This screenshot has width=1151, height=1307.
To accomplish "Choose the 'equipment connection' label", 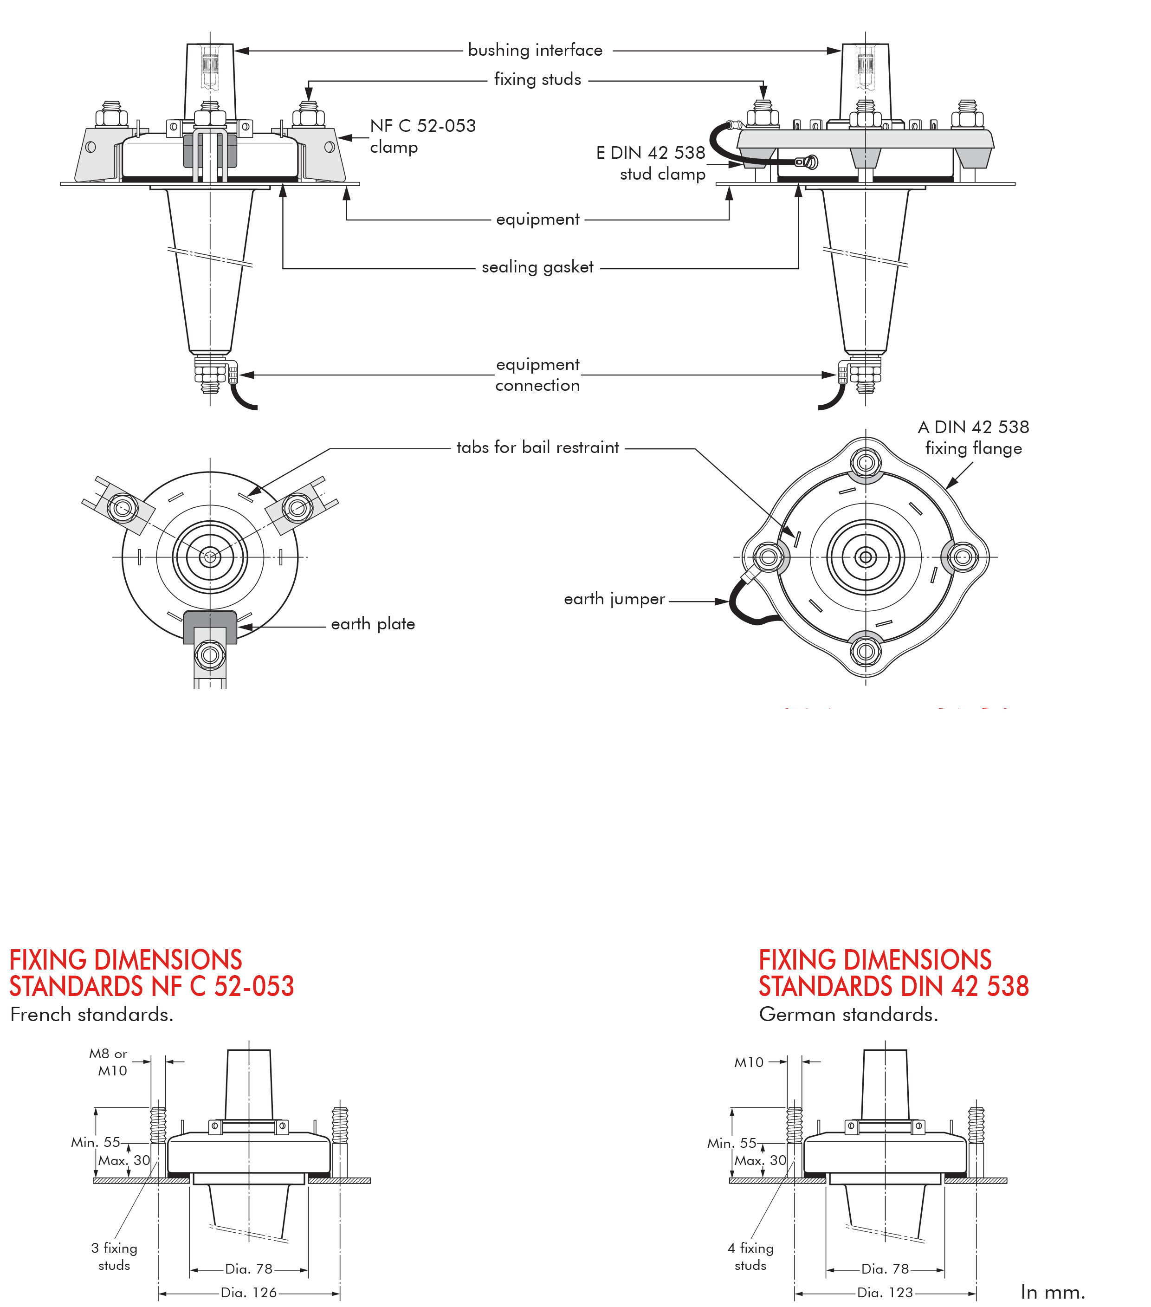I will tap(537, 375).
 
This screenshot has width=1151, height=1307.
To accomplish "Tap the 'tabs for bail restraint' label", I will tap(537, 447).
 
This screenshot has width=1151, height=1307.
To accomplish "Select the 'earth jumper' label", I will tap(614, 599).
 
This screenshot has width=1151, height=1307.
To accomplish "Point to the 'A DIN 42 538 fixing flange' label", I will tap(973, 437).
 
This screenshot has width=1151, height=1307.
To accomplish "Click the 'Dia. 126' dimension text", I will tap(249, 1292).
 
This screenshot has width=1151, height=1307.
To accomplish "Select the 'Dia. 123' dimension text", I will tap(885, 1292).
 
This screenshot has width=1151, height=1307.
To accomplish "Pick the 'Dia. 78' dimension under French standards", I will tap(249, 1268).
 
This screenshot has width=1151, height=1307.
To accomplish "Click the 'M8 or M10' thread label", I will tap(109, 1062).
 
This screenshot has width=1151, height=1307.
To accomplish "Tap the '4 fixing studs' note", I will tap(750, 1256).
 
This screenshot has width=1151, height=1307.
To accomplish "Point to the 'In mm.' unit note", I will tap(1053, 1292).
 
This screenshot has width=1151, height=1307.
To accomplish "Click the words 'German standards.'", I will tap(848, 1014).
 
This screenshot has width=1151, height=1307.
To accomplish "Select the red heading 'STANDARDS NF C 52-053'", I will tap(152, 986).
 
